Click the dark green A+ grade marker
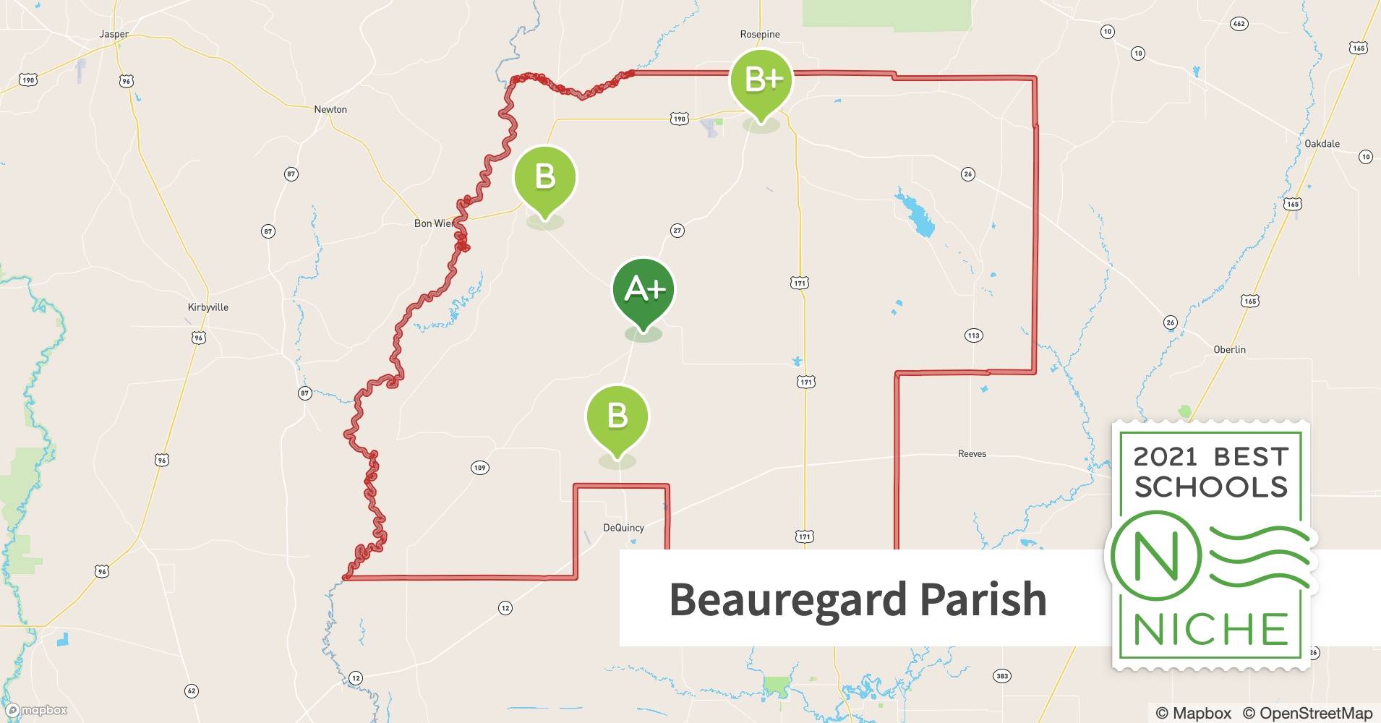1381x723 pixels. [x=644, y=291]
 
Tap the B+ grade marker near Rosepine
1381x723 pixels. [x=761, y=80]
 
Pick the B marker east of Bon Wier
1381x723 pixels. [x=545, y=178]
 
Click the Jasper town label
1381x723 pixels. [x=114, y=34]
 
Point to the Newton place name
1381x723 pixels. [x=330, y=109]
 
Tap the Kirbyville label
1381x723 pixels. [x=208, y=307]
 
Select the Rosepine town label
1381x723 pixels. [x=760, y=35]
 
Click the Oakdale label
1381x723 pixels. [x=1322, y=144]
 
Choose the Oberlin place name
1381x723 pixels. [x=1229, y=350]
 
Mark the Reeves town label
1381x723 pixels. [x=972, y=454]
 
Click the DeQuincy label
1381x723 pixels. [x=623, y=528]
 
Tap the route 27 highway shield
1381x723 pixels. [x=677, y=231]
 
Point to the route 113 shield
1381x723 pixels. [x=973, y=335]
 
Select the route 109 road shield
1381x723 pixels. [x=479, y=468]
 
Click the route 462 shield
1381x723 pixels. [x=1239, y=24]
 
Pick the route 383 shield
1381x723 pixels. [x=1001, y=676]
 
